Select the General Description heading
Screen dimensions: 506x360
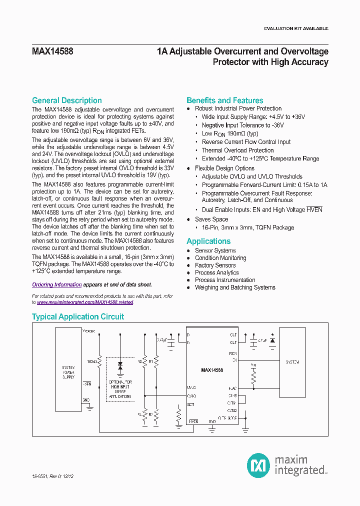coord(66,100)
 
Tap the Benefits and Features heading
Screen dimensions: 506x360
coord(224,100)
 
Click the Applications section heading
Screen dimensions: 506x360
coord(208,241)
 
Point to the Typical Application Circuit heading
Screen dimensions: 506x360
coord(77,316)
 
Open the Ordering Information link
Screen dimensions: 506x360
coord(56,284)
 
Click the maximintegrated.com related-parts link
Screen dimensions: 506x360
coord(85,302)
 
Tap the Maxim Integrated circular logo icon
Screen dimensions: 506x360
coord(258,465)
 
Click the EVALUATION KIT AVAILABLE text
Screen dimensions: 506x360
coord(296,28)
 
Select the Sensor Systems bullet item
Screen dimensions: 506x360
coord(215,250)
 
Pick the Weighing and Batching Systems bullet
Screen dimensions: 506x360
coord(235,287)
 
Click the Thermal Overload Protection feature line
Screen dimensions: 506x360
coord(237,150)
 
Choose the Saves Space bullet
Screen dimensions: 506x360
coord(211,219)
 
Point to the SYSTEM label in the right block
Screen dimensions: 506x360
coord(292,362)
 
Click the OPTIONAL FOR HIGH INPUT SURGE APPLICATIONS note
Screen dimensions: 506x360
coord(120,389)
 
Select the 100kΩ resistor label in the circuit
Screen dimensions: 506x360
coord(91,360)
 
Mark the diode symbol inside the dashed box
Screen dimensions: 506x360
coord(120,366)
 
